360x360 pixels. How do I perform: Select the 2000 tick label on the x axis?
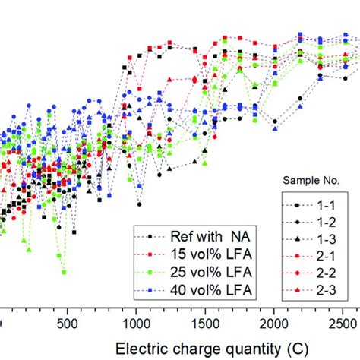[x=273, y=323]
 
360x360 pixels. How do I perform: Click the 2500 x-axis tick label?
[x=342, y=323]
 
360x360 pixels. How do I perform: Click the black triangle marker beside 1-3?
[x=298, y=240]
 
